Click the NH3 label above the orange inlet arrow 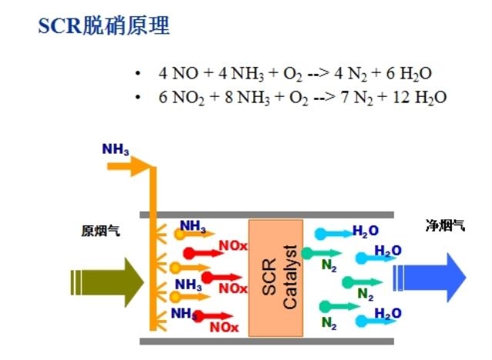click(115, 148)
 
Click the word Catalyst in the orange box click(290, 277)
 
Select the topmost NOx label click(233, 247)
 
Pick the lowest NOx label click(224, 327)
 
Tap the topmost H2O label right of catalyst click(365, 231)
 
